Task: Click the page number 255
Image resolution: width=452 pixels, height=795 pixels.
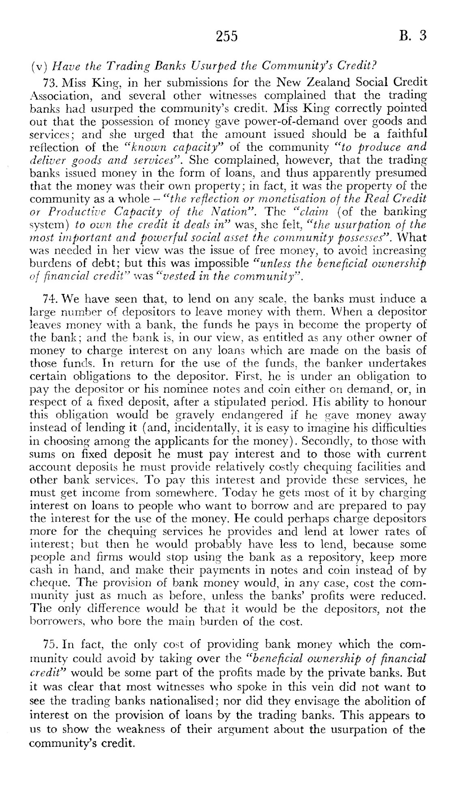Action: (x=226, y=37)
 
